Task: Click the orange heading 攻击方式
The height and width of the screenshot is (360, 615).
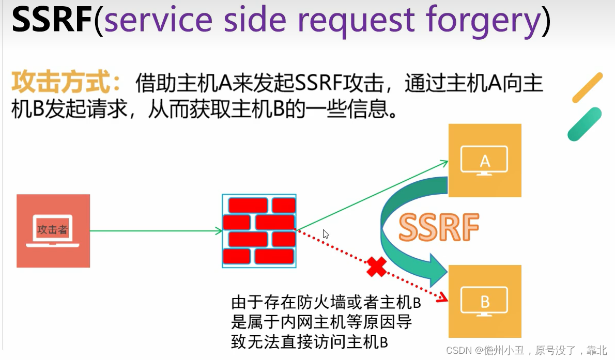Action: pos(67,83)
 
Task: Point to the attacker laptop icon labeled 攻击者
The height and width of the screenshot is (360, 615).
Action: pos(53,230)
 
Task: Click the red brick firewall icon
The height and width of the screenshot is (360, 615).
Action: pos(259,231)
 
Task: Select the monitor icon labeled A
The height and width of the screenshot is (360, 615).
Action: pos(484,160)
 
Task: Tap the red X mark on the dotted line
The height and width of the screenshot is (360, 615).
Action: pos(377,267)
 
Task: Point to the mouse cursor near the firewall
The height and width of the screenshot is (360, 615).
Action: pos(325,233)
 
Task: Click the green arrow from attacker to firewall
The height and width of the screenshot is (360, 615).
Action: pos(155,231)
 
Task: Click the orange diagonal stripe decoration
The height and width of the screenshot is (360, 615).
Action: pos(588,87)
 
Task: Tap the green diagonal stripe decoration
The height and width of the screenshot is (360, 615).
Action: pos(584,124)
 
